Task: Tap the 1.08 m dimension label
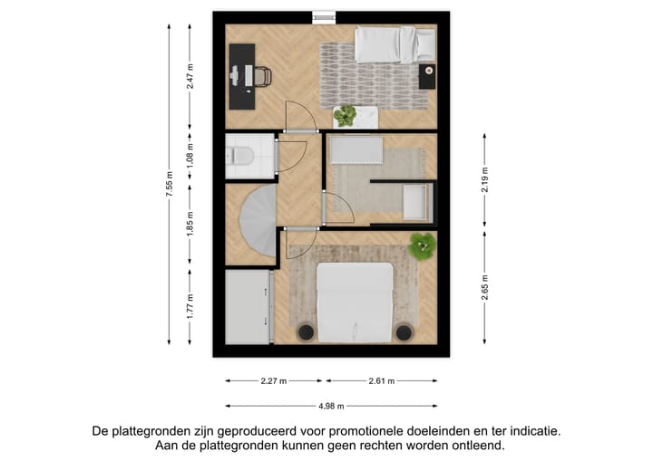pyautogui.click(x=190, y=155)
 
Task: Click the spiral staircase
pyautogui.click(x=254, y=228)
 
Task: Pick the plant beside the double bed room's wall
pyautogui.click(x=422, y=245)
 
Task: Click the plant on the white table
pyautogui.click(x=345, y=115)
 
